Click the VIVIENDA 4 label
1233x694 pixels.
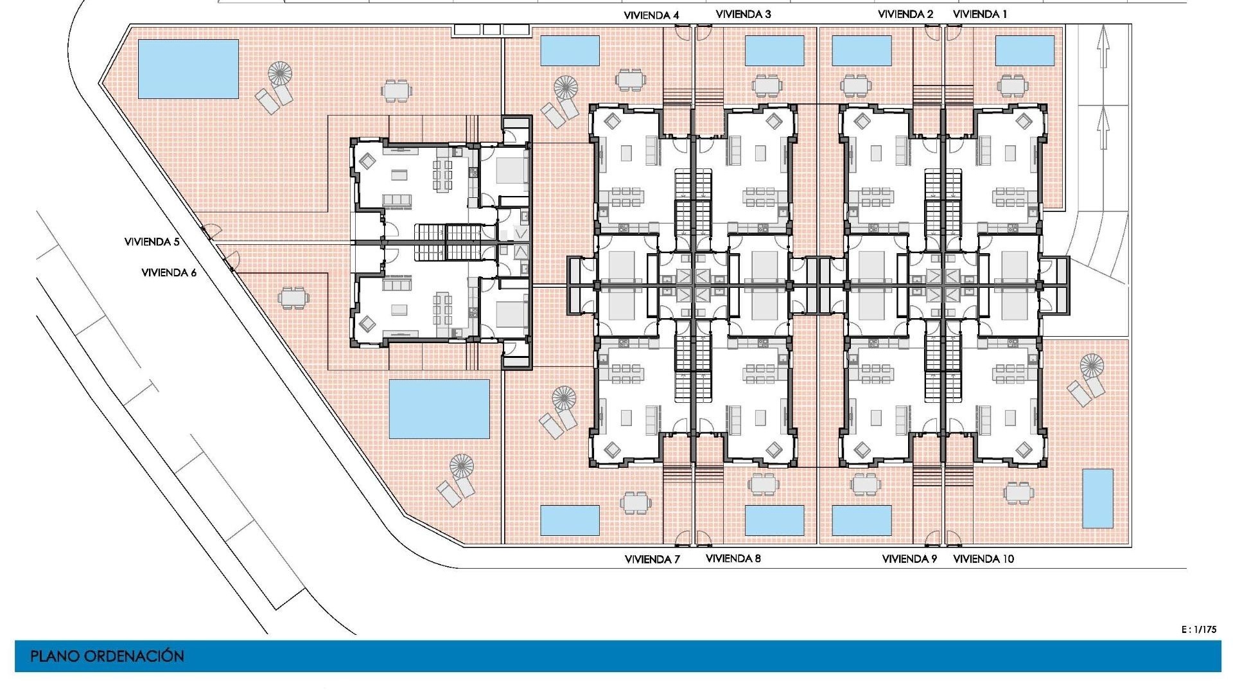tap(651, 15)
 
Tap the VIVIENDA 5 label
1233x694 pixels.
tap(152, 242)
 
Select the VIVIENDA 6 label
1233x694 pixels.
tap(169, 273)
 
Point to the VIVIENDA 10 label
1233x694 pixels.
tap(983, 559)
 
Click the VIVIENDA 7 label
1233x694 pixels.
tap(652, 560)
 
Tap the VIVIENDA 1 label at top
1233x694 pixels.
tap(980, 14)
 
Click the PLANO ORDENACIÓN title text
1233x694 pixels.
tap(107, 656)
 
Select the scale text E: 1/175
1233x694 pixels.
tap(1198, 630)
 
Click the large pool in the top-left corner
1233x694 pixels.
tap(188, 69)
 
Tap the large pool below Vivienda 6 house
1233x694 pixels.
tap(439, 409)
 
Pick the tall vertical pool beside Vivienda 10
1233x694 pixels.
tap(1097, 499)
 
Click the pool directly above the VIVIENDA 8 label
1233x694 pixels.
tap(774, 520)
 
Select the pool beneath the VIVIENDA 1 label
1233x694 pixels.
tap(1024, 51)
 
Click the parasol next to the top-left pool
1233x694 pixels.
tap(279, 73)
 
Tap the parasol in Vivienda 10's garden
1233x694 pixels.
tap(1091, 366)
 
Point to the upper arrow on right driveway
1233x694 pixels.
tap(1103, 46)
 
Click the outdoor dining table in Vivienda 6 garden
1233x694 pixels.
tap(293, 298)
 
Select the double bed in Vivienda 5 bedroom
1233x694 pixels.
tap(511, 171)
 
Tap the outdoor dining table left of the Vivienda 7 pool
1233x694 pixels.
tap(635, 503)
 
